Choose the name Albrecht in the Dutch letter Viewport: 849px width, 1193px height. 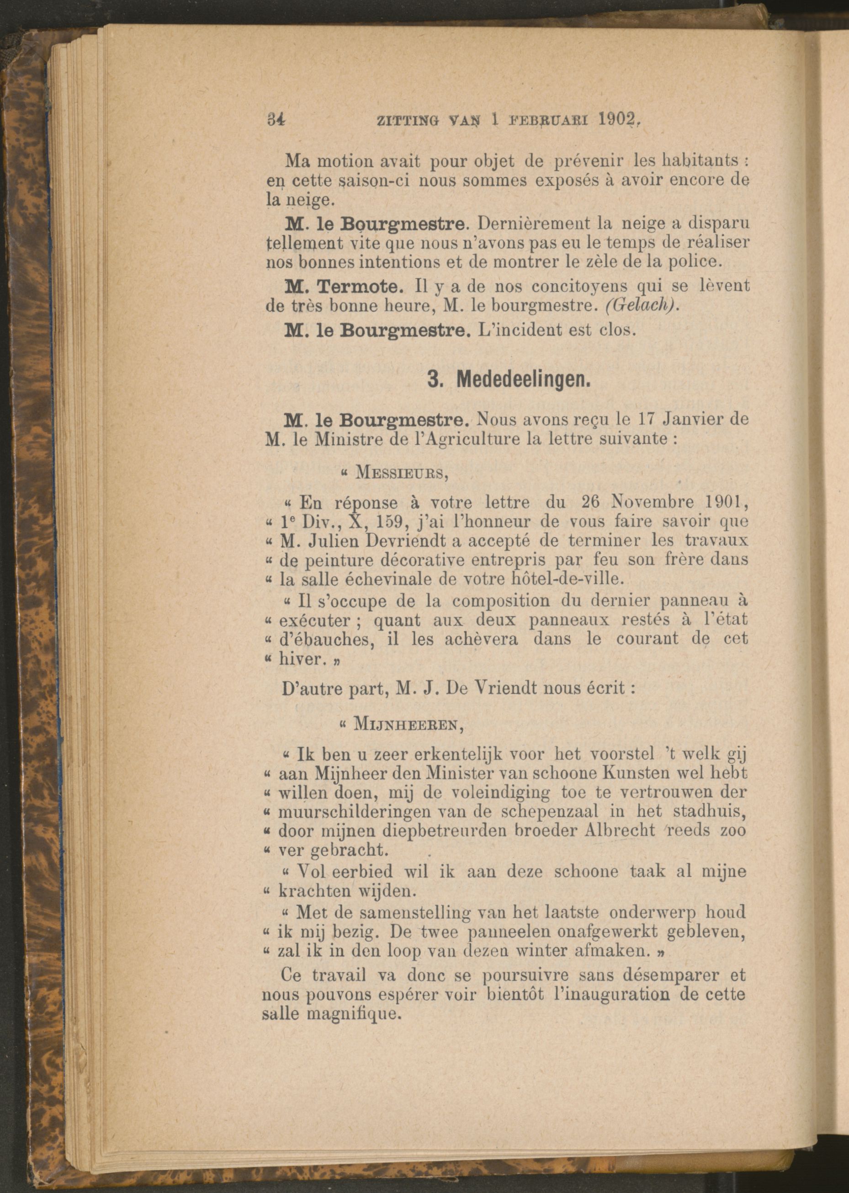[x=610, y=830]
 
